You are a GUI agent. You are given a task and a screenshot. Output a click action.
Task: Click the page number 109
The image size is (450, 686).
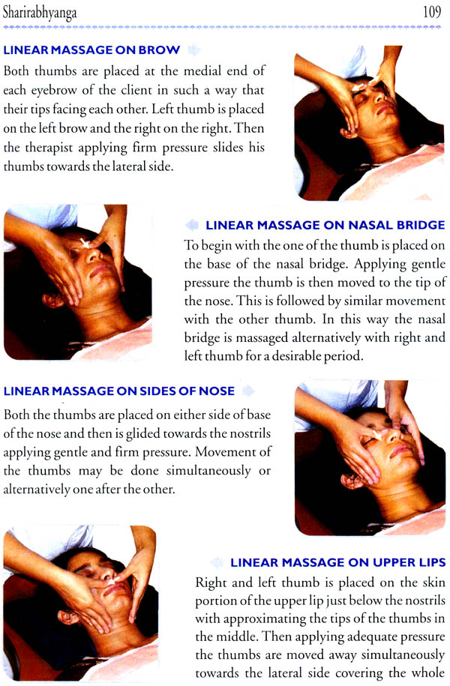(x=431, y=12)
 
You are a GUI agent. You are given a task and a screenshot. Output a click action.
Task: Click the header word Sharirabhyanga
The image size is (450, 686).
(x=40, y=13)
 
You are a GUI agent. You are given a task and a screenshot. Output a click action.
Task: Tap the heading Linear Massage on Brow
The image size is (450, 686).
(x=91, y=50)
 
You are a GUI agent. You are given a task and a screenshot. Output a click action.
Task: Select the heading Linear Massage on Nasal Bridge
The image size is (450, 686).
(x=325, y=226)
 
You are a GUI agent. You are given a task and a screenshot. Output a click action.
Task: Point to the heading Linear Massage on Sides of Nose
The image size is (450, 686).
(x=119, y=391)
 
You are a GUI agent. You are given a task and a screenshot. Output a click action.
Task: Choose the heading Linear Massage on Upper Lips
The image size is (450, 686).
(x=338, y=562)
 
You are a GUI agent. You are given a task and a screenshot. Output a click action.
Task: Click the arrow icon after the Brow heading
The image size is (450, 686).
(x=194, y=50)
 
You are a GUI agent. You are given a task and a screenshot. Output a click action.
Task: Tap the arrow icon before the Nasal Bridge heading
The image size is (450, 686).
(x=192, y=226)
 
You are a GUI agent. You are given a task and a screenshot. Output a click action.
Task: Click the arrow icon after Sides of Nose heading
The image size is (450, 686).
(x=248, y=391)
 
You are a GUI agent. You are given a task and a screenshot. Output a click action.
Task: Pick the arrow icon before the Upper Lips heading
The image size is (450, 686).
(x=217, y=562)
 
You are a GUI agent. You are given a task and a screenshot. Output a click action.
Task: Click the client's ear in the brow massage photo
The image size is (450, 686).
(x=349, y=131)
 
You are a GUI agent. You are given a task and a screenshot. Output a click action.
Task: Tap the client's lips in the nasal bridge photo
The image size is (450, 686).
(x=101, y=268)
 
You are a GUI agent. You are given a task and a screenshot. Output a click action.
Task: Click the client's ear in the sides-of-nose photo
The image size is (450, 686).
(x=351, y=481)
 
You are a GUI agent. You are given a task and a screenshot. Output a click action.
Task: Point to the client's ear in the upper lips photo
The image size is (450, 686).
(x=68, y=618)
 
